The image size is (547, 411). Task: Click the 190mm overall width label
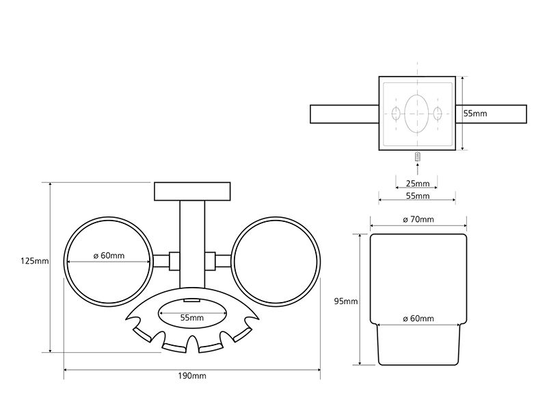192,375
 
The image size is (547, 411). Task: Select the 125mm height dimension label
35,261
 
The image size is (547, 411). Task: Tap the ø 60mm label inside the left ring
109,256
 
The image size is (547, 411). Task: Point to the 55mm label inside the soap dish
192,318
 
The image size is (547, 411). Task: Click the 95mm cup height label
346,301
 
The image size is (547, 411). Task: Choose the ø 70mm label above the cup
418,219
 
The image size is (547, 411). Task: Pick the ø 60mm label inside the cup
418,319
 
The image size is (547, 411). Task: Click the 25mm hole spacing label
418,183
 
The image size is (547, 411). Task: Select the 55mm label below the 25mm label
418,196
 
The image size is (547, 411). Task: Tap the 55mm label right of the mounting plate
475,114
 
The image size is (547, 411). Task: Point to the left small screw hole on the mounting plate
396,114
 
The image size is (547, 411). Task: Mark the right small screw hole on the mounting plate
438,114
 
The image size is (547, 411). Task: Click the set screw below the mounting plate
418,157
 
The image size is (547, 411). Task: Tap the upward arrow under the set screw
418,169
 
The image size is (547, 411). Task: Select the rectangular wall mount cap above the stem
192,191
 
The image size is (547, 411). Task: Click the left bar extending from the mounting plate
345,114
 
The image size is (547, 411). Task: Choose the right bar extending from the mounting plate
491,114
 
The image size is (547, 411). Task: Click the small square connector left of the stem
174,261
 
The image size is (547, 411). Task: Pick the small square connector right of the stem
211,261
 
